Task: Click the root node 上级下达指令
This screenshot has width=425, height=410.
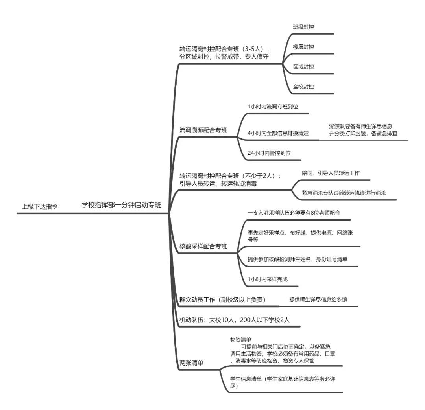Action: coord(40,206)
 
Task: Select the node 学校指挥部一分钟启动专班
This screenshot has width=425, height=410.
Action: coord(122,205)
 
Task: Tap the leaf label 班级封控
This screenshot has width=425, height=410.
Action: coord(303,27)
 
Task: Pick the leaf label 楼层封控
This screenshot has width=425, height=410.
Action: coord(303,47)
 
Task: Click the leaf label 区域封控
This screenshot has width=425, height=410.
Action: coord(303,66)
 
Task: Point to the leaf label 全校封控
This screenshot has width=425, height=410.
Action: coord(303,86)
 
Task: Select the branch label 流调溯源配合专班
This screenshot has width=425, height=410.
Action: coord(203,130)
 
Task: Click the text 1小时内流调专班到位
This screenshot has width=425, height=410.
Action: coord(273,107)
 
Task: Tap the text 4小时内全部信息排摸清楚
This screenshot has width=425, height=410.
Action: coord(278,133)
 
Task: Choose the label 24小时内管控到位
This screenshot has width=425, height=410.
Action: coord(269,153)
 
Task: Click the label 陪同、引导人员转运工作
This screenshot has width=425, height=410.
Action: coord(331,173)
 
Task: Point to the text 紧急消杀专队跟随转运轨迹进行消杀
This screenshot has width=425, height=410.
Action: coord(344,193)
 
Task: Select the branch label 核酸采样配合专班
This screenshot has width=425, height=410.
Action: coord(203,246)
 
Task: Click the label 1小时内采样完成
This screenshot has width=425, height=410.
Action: coord(268,279)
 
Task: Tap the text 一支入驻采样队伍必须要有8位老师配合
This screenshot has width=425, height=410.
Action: coord(294,213)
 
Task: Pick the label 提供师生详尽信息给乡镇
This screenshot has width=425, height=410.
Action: coord(318,299)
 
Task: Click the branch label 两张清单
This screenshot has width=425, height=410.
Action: coord(191,363)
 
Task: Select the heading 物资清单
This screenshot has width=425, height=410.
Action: coord(241,339)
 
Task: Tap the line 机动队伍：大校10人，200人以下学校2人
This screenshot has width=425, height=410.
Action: coord(235,320)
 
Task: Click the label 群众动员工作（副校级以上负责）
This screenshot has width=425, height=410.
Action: coord(222,300)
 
